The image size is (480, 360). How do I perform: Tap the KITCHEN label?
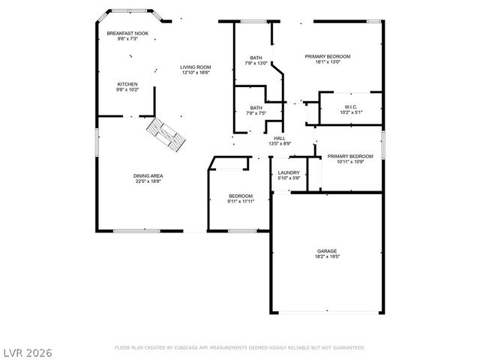pos(127,83)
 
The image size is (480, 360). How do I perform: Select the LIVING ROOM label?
pos(194,67)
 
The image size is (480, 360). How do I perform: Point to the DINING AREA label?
pos(149,175)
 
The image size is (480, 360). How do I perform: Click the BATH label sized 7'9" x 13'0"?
pos(256,58)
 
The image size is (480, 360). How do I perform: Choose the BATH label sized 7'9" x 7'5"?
pos(256,107)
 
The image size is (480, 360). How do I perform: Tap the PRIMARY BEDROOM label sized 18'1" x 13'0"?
pos(327,56)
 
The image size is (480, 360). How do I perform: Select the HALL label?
pos(279,138)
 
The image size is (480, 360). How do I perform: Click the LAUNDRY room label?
pos(289,172)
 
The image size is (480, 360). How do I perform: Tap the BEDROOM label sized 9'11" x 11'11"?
pos(241,196)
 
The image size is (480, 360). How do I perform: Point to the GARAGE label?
pos(326,250)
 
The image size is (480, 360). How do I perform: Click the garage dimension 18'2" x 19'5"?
pos(326,256)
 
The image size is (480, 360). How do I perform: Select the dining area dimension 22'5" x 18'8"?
pos(149,181)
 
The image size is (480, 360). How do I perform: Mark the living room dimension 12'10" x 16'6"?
pos(194,73)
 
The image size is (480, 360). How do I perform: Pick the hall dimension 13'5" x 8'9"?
pos(279,144)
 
